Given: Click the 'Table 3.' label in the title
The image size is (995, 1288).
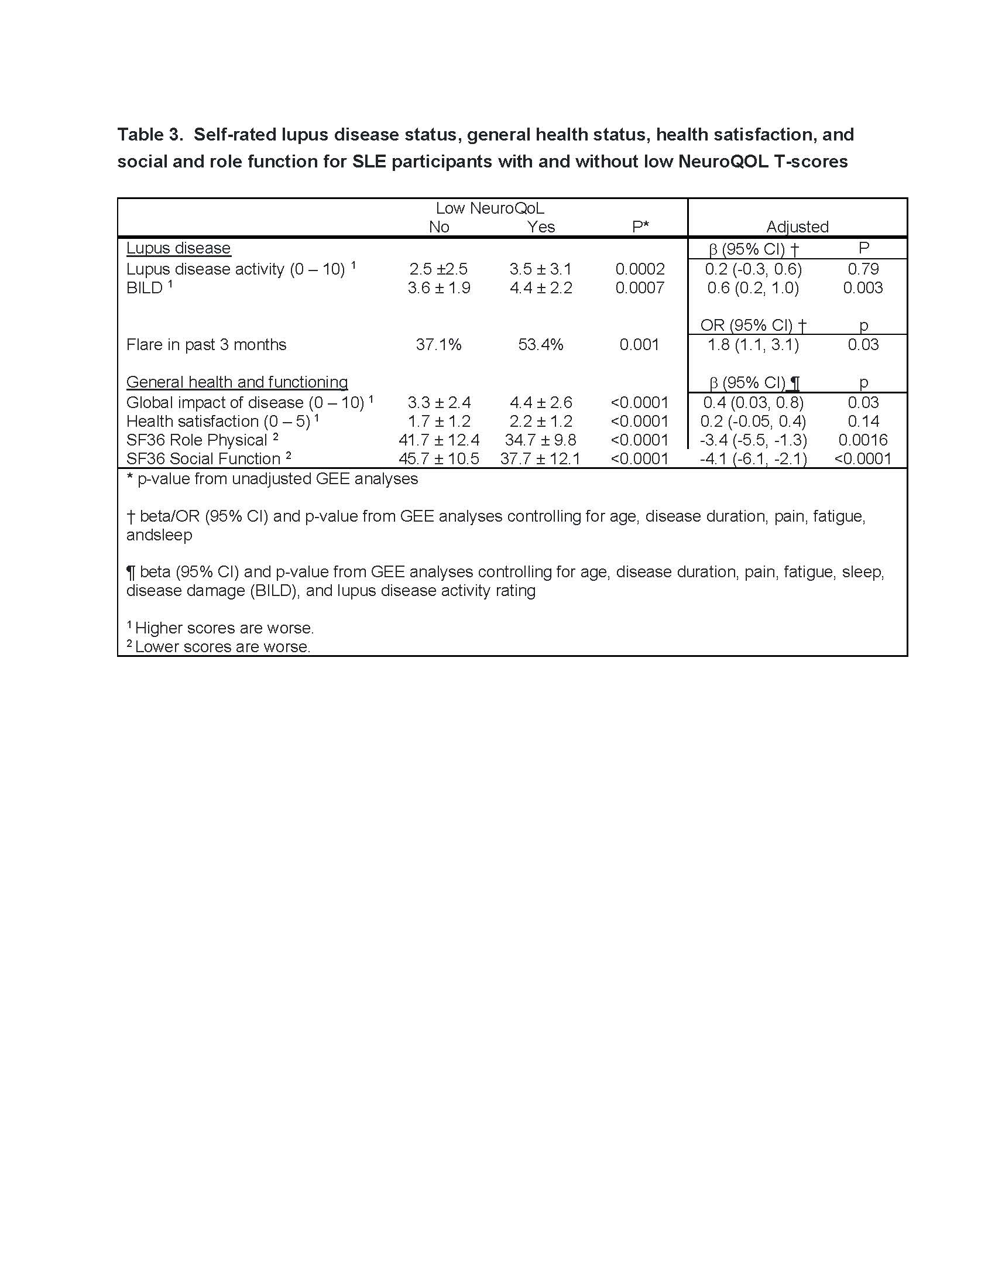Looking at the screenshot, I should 150,135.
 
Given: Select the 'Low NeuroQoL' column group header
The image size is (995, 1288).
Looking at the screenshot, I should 489,208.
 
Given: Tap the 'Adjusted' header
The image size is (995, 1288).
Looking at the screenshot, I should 797,227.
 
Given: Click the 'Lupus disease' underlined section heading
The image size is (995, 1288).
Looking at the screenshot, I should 178,248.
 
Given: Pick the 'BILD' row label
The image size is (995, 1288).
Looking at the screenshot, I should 145,288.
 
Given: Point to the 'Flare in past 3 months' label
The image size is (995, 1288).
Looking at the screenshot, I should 206,344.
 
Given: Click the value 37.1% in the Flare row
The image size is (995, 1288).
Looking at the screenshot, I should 438,344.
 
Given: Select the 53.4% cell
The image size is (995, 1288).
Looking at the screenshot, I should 541,344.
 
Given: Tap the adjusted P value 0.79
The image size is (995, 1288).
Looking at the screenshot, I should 863,269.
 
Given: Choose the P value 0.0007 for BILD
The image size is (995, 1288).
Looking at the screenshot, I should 640,288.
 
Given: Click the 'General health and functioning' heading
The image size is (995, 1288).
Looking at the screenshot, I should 237,382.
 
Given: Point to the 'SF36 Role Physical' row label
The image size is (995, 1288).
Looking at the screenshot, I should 197,440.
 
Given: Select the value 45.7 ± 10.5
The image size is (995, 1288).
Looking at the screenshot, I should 438,459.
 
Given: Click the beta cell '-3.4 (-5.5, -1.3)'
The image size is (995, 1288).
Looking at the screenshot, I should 753,440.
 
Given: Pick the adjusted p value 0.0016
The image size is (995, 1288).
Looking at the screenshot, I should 863,440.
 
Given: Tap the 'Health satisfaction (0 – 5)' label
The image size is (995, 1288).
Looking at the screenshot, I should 218,421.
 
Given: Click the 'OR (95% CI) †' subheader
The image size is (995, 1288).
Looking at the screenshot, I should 753,326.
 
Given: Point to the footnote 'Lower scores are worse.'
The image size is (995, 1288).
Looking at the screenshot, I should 222,647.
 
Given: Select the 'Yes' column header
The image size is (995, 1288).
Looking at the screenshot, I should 541,227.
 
